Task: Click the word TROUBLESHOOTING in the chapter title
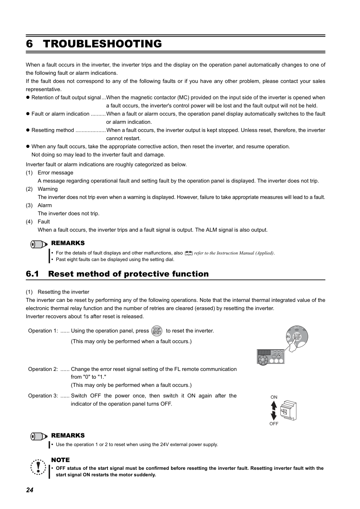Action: [102, 44]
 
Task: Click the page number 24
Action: [29, 490]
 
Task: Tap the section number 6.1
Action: [32, 274]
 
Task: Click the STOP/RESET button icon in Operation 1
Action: [156, 331]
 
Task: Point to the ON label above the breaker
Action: [274, 397]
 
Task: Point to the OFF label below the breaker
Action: [274, 424]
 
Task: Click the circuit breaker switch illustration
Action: [288, 410]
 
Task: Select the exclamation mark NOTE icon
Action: [38, 467]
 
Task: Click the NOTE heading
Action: [60, 460]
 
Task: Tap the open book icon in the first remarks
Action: [188, 253]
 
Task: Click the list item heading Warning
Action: [48, 189]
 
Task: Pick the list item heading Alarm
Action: [45, 205]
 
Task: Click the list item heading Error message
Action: [56, 173]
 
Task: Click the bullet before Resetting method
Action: [29, 130]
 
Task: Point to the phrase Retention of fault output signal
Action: [66, 98]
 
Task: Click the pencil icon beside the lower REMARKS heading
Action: [39, 436]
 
